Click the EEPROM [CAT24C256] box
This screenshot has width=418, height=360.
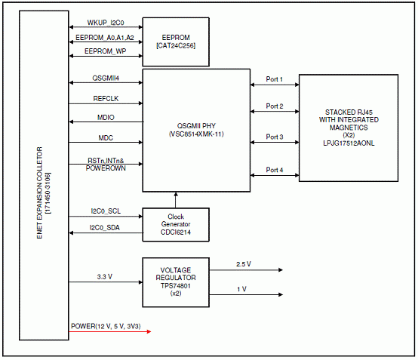[x=176, y=42]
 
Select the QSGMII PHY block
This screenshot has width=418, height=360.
[x=196, y=130]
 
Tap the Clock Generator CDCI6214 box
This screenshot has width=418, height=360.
[x=176, y=225]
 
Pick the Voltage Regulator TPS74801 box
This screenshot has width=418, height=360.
[x=176, y=282]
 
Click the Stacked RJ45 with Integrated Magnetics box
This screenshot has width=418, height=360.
[x=349, y=128]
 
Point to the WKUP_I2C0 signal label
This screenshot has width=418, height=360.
[x=106, y=23]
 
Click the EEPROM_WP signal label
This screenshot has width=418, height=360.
[x=106, y=51]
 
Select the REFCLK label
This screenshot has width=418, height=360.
[x=106, y=98]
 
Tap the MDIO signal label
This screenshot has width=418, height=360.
[x=106, y=117]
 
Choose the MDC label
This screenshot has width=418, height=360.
[x=106, y=137]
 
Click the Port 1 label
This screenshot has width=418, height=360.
[x=275, y=79]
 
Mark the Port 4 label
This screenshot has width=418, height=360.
[x=275, y=170]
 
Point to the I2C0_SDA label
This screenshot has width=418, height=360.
[x=104, y=227]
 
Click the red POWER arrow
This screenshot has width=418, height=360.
[x=110, y=331]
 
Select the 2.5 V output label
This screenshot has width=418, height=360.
[x=244, y=264]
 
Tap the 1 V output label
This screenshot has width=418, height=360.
[x=241, y=289]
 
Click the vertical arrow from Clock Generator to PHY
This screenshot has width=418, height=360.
[x=176, y=200]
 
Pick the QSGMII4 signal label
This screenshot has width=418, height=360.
[x=106, y=78]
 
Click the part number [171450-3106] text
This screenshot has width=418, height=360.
[x=48, y=193]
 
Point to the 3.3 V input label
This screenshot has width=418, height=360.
[x=104, y=277]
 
